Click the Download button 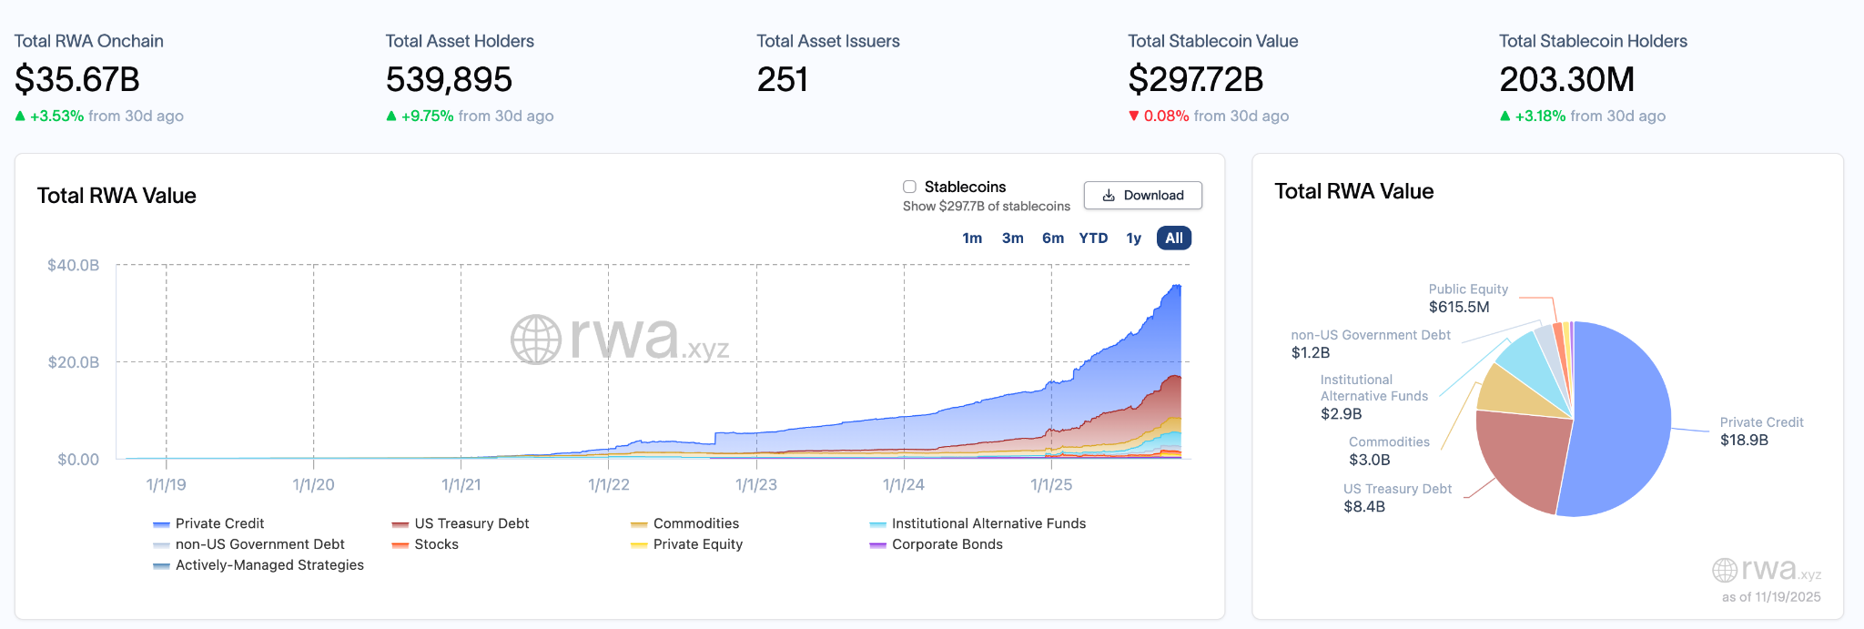click(x=1142, y=196)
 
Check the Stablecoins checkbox click(x=909, y=187)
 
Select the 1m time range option click(x=972, y=238)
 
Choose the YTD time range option click(x=1093, y=238)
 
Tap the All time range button click(x=1174, y=238)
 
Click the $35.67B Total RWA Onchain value click(x=77, y=80)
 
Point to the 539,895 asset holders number click(x=449, y=80)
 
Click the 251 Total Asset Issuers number click(x=782, y=80)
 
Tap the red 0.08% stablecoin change click(x=1166, y=117)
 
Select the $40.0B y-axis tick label click(x=74, y=266)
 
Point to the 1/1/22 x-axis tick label click(x=609, y=485)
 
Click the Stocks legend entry click(x=436, y=544)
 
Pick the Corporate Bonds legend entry click(x=947, y=544)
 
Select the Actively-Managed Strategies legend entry click(x=269, y=565)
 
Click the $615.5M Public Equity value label click(x=1459, y=308)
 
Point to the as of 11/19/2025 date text click(x=1771, y=597)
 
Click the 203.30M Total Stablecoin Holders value click(x=1566, y=80)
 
